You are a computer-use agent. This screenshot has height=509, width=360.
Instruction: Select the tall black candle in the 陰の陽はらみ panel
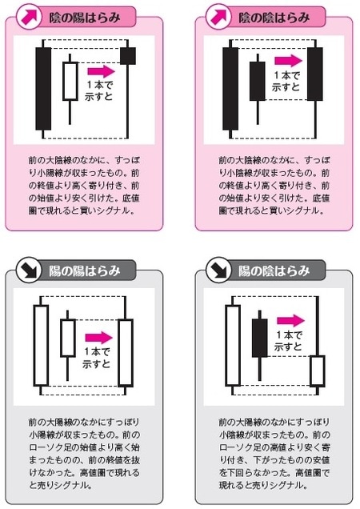42,88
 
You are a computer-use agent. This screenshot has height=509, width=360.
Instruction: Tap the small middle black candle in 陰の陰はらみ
258,82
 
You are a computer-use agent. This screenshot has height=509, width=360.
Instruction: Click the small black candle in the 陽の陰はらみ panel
258,338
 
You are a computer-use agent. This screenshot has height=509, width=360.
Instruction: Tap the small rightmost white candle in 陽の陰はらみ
317,371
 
